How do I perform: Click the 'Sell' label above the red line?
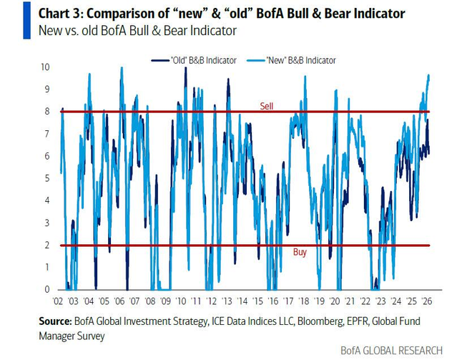[266, 106]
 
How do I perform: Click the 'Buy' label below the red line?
[301, 253]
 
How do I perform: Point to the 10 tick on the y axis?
[45, 67]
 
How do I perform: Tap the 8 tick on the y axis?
[47, 111]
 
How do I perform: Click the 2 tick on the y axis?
[47, 245]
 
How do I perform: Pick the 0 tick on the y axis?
[47, 289]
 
